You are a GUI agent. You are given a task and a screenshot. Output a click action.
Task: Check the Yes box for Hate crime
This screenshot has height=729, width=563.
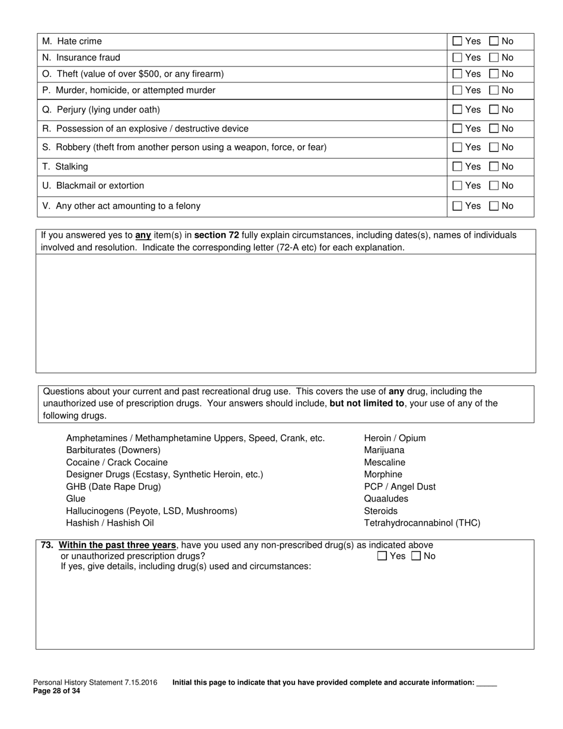click(x=457, y=41)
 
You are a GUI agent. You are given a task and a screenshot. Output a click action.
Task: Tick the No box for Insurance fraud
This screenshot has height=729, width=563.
click(x=494, y=57)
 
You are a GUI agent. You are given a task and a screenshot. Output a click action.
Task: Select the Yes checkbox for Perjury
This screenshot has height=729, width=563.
click(x=457, y=110)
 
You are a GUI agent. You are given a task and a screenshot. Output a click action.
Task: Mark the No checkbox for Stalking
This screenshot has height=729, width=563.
click(x=494, y=167)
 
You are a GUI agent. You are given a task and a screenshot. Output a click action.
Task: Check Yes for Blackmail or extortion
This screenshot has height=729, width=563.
click(x=457, y=186)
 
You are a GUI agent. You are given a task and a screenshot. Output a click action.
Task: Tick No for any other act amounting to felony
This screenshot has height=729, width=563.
click(x=494, y=206)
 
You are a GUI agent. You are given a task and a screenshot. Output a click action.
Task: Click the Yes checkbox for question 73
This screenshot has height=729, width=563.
click(x=382, y=556)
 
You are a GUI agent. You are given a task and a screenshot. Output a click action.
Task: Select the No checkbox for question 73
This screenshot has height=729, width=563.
click(x=416, y=556)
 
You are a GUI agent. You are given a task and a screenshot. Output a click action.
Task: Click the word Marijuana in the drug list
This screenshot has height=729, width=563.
click(x=384, y=450)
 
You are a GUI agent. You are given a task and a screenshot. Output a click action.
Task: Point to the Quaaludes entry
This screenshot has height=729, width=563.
click(x=386, y=498)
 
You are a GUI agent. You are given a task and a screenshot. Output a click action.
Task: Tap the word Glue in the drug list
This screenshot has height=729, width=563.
click(x=76, y=498)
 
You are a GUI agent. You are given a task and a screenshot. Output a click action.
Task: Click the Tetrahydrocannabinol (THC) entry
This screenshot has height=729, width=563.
click(x=422, y=523)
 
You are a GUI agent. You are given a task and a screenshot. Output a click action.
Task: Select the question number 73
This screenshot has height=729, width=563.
click(x=47, y=545)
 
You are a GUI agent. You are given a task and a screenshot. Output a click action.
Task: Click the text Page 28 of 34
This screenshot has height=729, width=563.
click(x=56, y=691)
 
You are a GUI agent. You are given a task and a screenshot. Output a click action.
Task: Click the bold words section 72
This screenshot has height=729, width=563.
click(x=216, y=235)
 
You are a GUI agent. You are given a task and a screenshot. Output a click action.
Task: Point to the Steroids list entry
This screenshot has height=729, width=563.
click(x=380, y=511)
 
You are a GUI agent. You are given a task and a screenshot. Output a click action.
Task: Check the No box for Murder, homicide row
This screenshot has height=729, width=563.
click(x=494, y=91)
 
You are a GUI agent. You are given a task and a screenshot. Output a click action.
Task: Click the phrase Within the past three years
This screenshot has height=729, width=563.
click(x=117, y=545)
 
